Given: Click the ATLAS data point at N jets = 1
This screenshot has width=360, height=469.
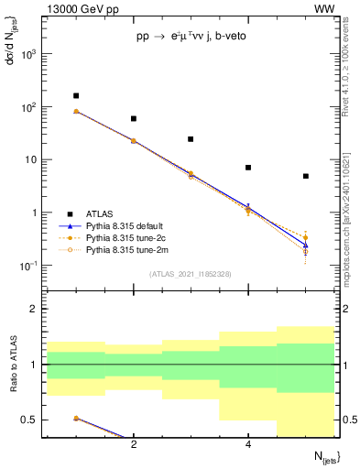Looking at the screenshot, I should pos(76,95).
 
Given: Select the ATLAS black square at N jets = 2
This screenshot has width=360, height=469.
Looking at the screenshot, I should pos(134,118).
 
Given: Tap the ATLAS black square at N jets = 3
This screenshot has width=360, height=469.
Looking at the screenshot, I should pos(191,139).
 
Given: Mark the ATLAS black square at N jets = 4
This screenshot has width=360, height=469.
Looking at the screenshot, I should pos(248,168).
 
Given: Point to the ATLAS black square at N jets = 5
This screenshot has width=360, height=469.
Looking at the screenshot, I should pos(306,176).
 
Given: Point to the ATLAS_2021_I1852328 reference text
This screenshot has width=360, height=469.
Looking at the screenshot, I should pos(191,274).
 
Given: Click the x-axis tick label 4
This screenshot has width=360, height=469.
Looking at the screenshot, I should pos(248,445).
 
